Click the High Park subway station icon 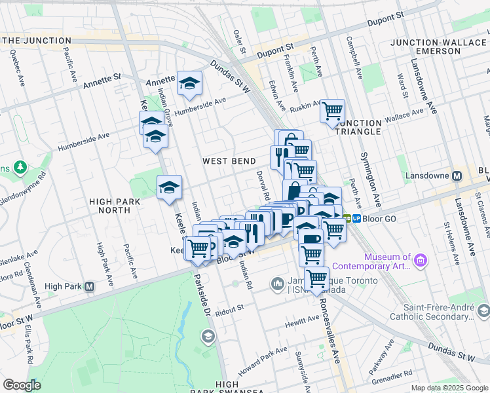coord(90,287)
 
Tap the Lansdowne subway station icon coord(457,176)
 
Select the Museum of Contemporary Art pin coord(420,261)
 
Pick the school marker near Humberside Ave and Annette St coord(189,83)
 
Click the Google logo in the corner coord(22,385)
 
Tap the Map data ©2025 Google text coord(449,388)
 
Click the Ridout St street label coord(229,308)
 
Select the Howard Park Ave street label coord(263,360)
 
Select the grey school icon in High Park coord(208,337)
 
